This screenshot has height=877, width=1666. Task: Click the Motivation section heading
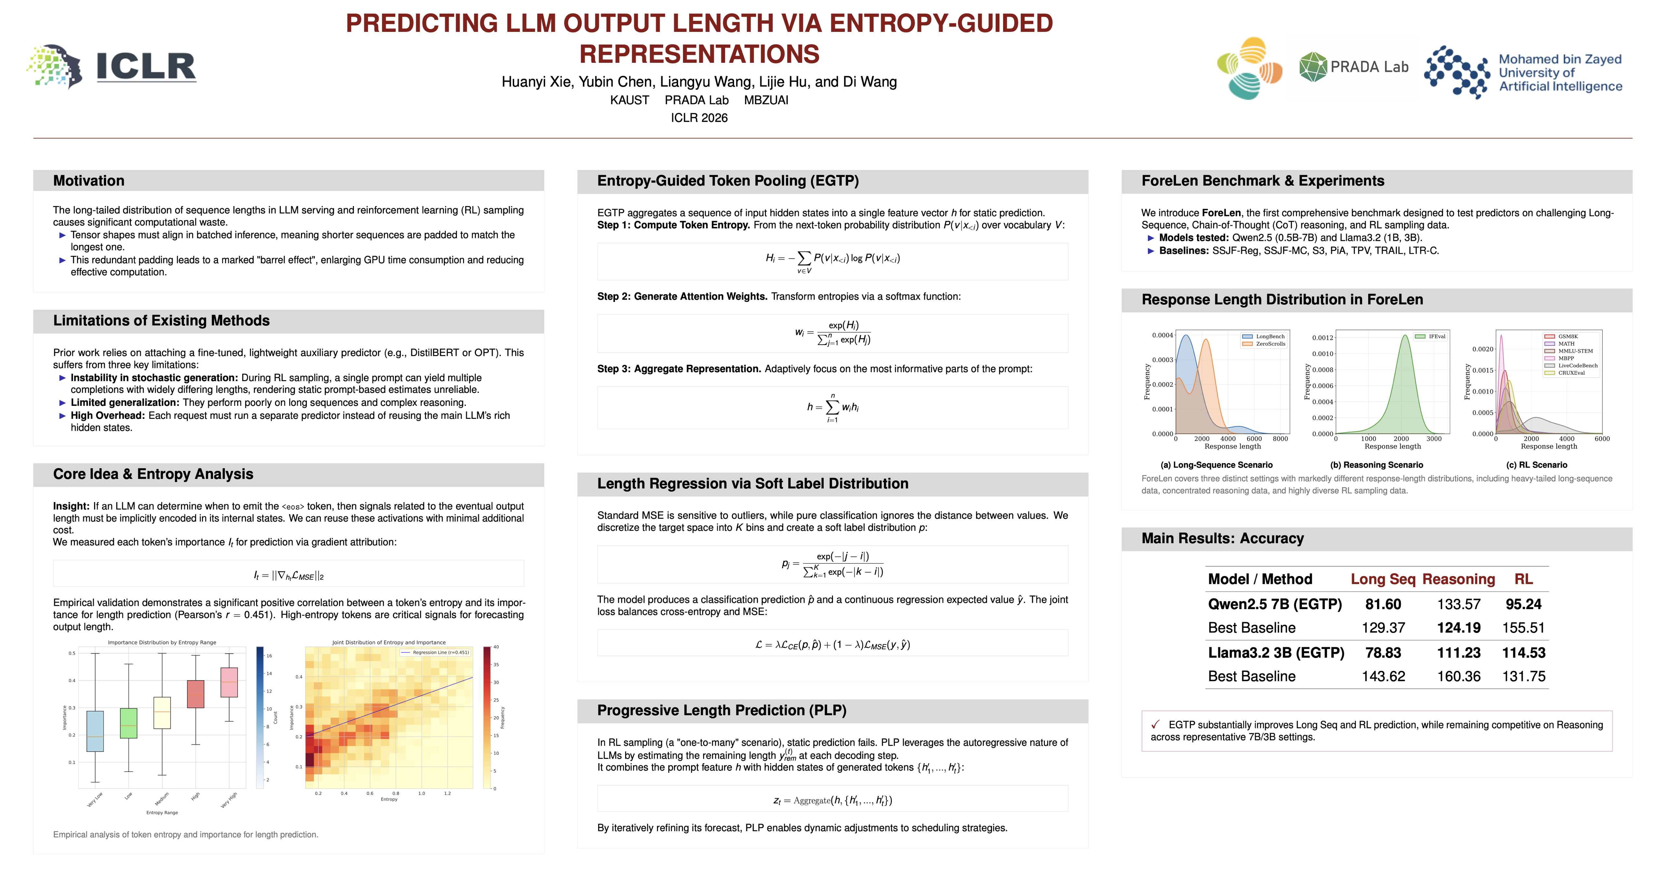89,181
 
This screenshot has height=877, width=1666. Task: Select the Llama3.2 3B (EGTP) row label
1276,652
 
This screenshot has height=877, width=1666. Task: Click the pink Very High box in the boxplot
229,682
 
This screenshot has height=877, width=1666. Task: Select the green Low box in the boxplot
129,723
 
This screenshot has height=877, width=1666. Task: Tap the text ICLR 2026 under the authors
699,118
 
